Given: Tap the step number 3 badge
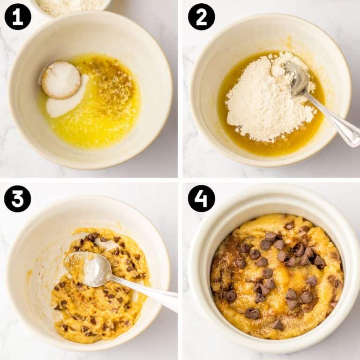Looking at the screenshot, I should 18,199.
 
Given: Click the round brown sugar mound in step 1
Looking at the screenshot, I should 60,80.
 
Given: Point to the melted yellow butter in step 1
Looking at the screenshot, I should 108,112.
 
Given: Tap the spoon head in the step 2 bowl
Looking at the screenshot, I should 296,77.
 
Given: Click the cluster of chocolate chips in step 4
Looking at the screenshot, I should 277,272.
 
